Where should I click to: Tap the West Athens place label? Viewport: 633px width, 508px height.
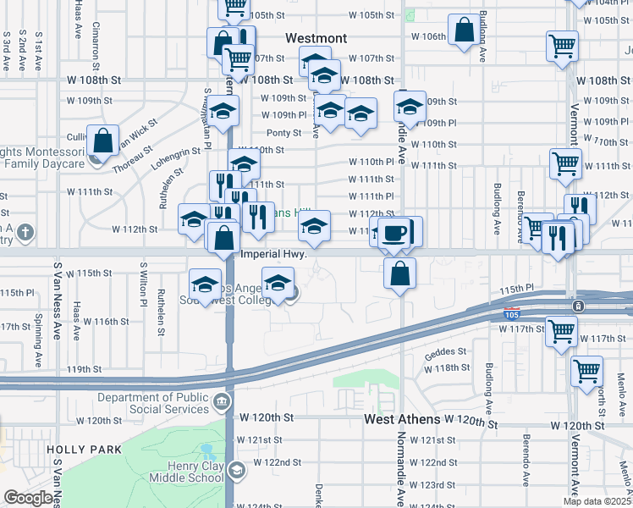(x=402, y=419)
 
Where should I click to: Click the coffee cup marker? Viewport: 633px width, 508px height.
(x=394, y=234)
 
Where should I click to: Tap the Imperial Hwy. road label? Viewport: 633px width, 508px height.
(x=272, y=254)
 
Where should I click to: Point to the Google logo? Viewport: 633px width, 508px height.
(x=28, y=498)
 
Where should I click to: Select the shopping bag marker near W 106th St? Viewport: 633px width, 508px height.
(x=465, y=31)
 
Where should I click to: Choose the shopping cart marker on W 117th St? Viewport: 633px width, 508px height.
(x=561, y=332)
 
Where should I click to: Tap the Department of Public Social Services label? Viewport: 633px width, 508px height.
(x=152, y=404)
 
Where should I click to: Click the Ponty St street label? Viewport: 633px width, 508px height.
(x=283, y=133)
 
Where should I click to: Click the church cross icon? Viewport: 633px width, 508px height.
(x=26, y=231)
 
